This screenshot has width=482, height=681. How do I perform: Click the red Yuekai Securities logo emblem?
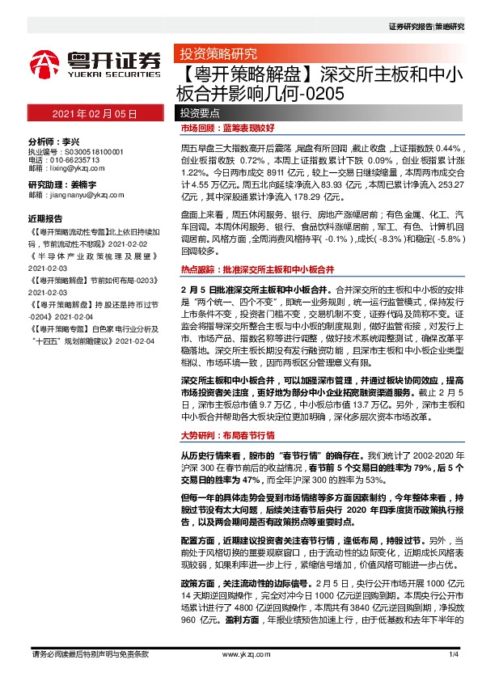click(45, 62)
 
